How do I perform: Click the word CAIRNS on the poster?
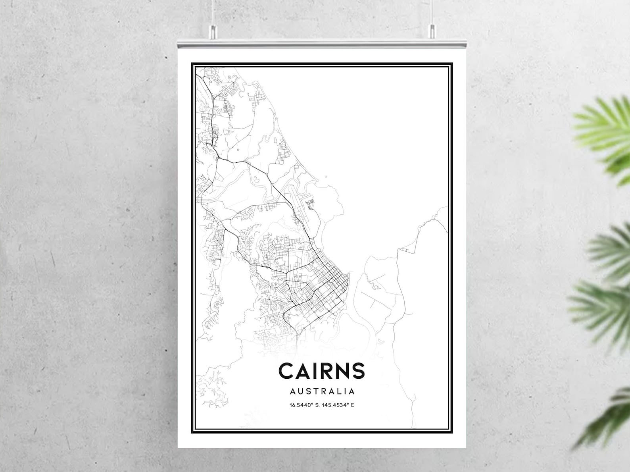(x=321, y=371)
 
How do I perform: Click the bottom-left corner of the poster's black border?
(x=192, y=432)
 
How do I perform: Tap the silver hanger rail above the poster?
(x=321, y=44)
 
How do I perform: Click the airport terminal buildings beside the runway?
(x=310, y=205)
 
